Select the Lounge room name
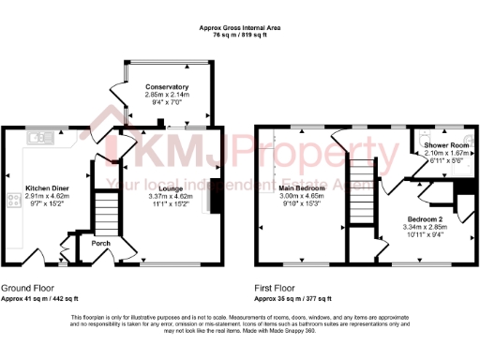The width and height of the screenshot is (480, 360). tap(170, 188)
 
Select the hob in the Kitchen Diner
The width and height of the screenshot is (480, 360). tap(14, 200)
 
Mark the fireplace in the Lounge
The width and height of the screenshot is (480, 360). tap(217, 198)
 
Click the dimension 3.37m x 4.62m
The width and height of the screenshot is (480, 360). tap(170, 196)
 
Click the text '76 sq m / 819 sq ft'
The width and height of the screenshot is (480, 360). tap(241, 36)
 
